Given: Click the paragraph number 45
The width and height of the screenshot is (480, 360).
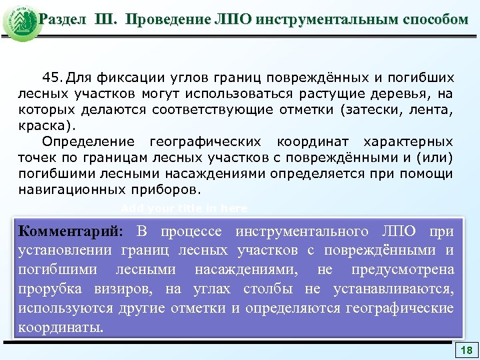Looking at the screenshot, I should (53, 77).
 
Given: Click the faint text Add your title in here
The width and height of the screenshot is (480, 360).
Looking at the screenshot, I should (185, 208).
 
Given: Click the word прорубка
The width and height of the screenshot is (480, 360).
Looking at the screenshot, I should (51, 289).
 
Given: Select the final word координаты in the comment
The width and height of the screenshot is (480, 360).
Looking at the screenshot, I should (61, 328).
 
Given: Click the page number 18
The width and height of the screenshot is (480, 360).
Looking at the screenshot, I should (467, 351).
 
